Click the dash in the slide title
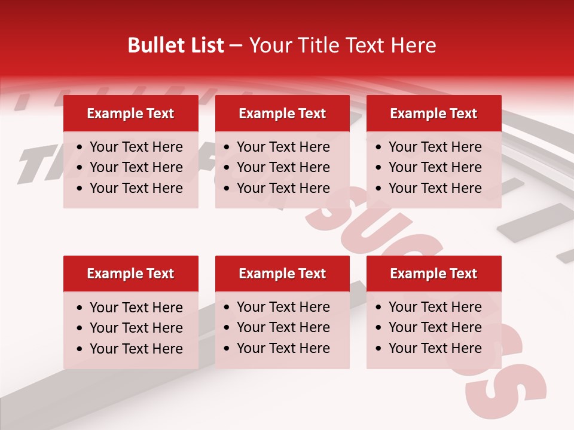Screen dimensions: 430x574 pos(236,46)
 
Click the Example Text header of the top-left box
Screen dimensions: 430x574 pos(130,113)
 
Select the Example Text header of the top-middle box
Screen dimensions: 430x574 pos(282,113)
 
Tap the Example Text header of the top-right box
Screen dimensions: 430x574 pos(433,113)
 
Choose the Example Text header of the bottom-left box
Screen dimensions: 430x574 pos(130,274)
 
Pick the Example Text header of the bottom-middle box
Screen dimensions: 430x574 pos(282,274)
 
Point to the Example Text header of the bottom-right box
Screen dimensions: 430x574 pos(433,274)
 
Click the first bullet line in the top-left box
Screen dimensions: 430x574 pos(136,147)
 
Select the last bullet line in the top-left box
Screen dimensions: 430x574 pos(136,188)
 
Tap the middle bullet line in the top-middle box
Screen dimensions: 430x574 pos(283,167)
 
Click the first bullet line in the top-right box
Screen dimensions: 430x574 pos(435,147)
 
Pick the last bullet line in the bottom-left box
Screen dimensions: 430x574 pos(136,349)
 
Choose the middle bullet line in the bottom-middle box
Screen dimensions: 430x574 pos(283,327)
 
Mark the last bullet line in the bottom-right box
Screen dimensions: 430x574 pos(435,348)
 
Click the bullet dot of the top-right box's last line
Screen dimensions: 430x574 pos(378,189)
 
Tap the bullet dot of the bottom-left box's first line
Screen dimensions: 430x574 pos(80,308)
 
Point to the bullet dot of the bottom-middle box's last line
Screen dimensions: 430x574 pos(227,349)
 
